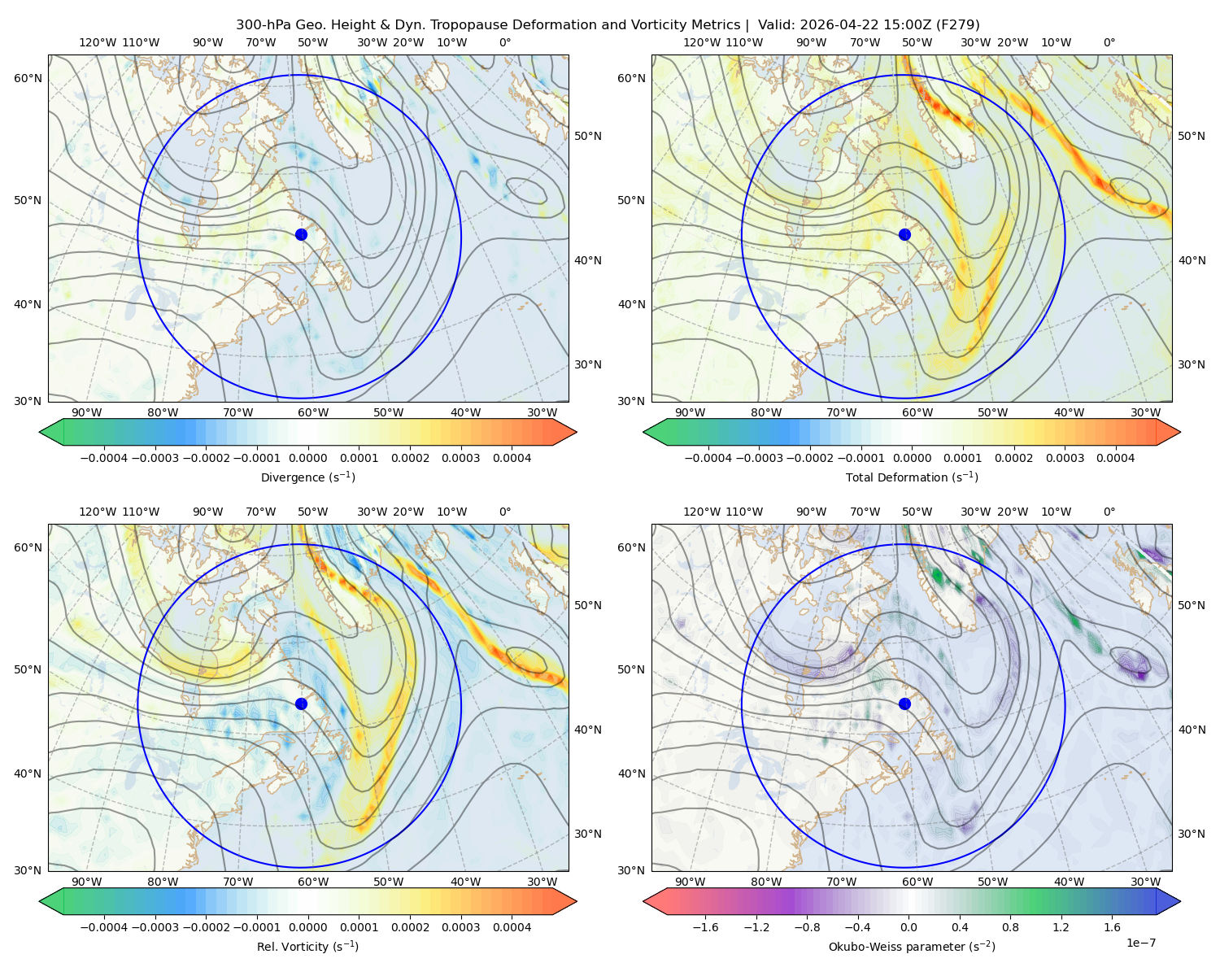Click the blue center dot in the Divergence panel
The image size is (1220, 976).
[x=301, y=235]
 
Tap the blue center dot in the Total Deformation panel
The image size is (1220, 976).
[x=904, y=235]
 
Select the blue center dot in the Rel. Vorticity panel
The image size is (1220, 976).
[x=301, y=704]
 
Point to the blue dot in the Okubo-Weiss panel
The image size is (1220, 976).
[x=904, y=704]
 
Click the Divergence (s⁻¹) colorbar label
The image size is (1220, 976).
[x=307, y=477]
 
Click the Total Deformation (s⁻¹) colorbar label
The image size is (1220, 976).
[x=912, y=477]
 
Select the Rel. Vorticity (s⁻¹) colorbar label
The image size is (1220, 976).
[x=307, y=947]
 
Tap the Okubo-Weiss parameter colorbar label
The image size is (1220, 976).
[x=912, y=947]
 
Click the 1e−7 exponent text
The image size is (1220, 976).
[x=1140, y=943]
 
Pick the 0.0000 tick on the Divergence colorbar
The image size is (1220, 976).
[x=307, y=458]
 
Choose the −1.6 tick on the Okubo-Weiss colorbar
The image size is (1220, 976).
[x=705, y=927]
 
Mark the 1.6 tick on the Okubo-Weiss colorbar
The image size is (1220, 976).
[x=1112, y=927]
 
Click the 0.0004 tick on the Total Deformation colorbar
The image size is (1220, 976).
[x=1115, y=458]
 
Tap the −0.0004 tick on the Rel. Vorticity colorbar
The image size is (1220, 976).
[x=104, y=927]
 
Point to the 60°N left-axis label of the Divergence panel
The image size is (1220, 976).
[x=28, y=78]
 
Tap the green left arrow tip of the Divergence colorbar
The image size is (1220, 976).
[x=40, y=432]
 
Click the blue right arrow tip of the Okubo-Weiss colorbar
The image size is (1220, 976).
[x=1180, y=901]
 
